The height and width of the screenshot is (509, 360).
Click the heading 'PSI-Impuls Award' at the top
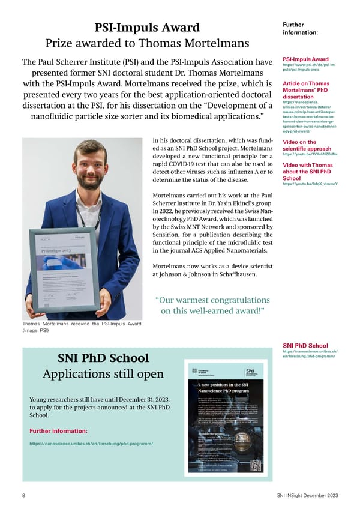[x=147, y=28]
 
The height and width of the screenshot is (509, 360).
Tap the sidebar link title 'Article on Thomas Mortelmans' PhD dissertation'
[x=306, y=89]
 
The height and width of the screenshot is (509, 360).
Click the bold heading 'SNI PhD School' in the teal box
[x=103, y=358]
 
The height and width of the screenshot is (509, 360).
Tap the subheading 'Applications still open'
[x=103, y=374]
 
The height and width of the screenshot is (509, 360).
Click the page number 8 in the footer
[x=23, y=495]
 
